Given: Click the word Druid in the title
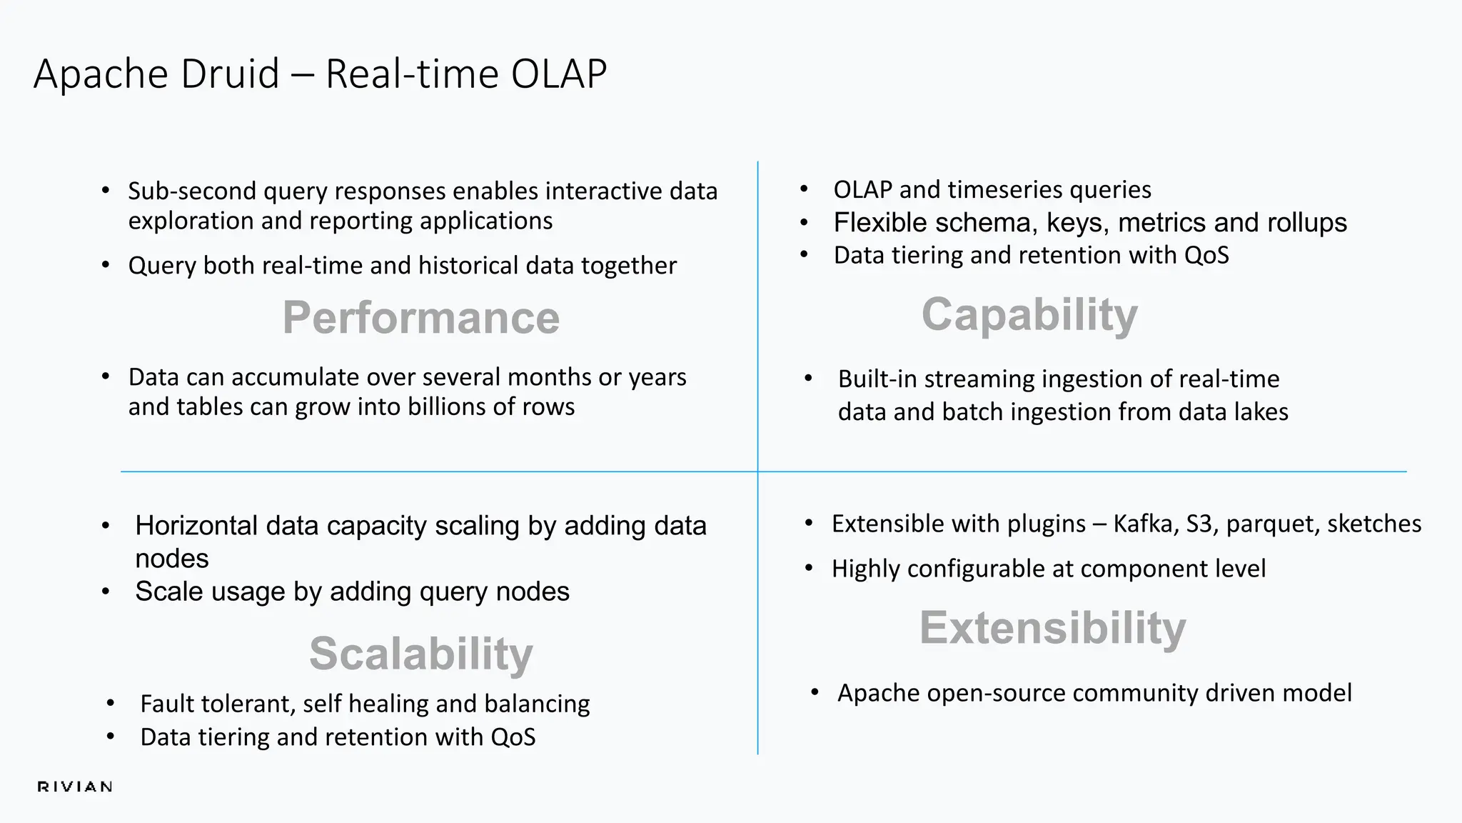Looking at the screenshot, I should tap(230, 74).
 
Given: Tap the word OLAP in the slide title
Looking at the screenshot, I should tap(558, 74).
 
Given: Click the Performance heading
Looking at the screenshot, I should tap(420, 318).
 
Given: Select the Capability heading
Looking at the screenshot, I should tap(1029, 314).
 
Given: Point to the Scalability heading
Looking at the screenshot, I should tap(420, 653).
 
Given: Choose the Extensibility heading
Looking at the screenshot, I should tap(1052, 627).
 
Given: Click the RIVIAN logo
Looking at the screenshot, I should tap(75, 787).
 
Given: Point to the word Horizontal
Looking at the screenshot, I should tap(196, 526).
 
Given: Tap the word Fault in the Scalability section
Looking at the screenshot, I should tap(168, 704).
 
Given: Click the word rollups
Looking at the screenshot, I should tap(1306, 223).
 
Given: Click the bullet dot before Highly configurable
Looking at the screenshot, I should tap(809, 569).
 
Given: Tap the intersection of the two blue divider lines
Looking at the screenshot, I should tap(757, 472).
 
